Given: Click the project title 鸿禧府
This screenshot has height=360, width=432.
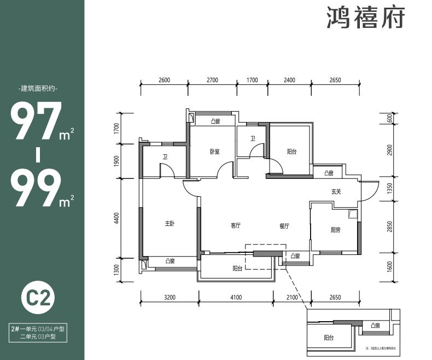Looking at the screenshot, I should click(366, 18).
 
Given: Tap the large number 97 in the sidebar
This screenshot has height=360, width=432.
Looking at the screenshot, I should click(36, 122).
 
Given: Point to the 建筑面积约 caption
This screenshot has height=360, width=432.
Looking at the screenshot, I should click(38, 89).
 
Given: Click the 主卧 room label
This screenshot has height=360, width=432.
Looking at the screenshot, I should click(170, 224).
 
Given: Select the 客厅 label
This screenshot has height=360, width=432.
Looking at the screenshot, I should click(236, 226).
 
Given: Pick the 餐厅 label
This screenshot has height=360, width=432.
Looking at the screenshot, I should click(283, 226).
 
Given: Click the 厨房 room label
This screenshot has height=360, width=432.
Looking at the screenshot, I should click(335, 230).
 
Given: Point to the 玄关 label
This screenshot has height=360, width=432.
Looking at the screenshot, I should click(336, 191).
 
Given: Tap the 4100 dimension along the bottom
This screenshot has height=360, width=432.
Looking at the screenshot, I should click(236, 298).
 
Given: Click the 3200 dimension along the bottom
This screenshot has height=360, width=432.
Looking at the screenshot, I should click(169, 298).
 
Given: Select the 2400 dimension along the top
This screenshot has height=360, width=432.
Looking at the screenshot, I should click(289, 80).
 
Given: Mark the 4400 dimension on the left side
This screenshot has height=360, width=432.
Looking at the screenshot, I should click(116, 218).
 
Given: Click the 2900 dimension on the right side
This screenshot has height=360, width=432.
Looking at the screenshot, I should click(390, 150).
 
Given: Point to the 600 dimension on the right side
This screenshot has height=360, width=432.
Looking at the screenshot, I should click(390, 119).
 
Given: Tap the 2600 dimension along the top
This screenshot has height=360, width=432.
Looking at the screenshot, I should click(164, 80).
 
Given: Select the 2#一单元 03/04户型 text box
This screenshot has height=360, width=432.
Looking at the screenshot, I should click(38, 328).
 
